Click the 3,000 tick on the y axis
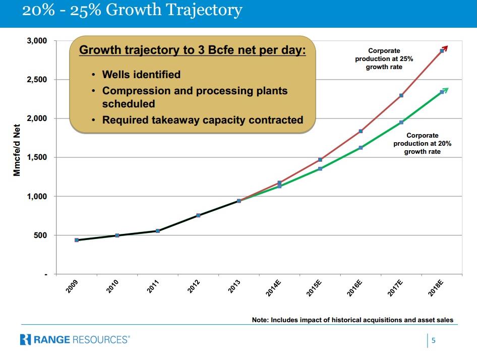36,41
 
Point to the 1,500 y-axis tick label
36,157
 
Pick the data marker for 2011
158,231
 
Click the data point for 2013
239,201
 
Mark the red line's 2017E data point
401,95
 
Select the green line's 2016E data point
361,148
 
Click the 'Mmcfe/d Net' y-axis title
17,149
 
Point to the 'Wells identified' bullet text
141,75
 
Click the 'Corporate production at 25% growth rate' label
384,58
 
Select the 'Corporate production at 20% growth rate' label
423,143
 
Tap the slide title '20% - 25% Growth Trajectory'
132,11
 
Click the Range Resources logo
75,339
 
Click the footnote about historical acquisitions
352,320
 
